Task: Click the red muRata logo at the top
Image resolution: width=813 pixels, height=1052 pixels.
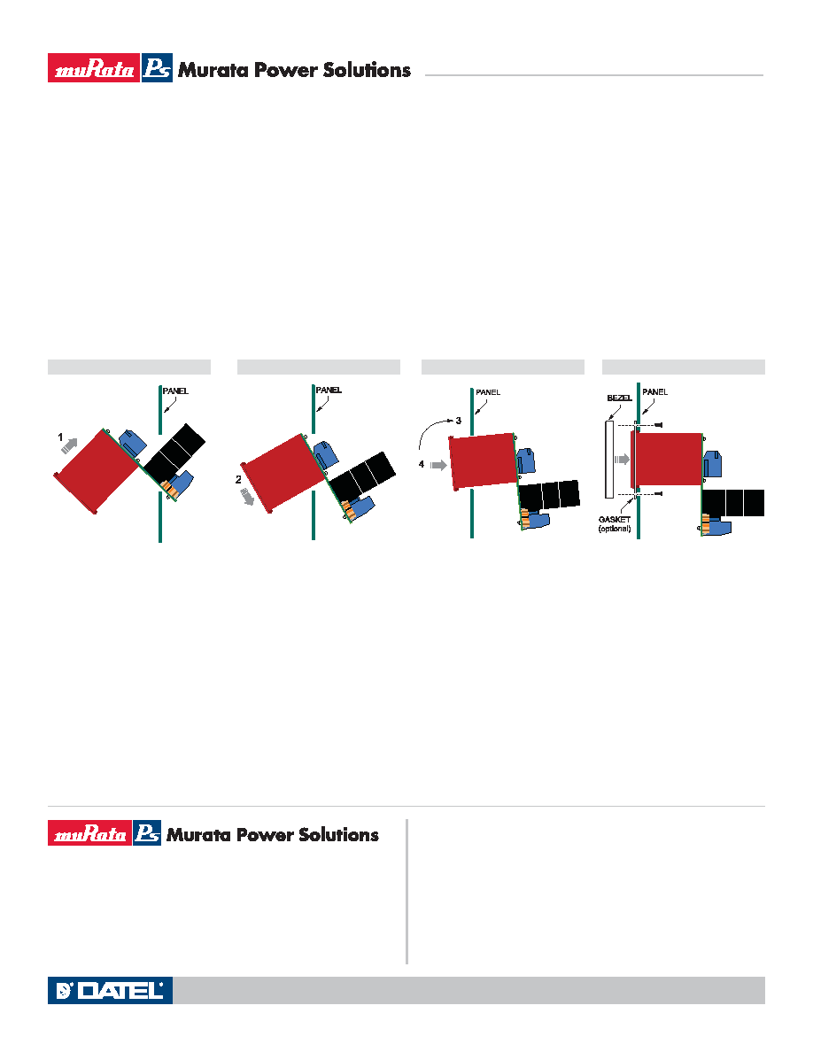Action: (94, 68)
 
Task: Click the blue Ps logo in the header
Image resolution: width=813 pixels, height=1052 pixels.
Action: (157, 68)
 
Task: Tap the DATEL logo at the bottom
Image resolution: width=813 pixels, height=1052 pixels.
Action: (110, 990)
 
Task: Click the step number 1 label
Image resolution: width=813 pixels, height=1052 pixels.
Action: (60, 437)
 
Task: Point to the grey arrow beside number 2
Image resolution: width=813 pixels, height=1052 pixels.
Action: (247, 497)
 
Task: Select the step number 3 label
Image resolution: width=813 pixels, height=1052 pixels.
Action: (458, 421)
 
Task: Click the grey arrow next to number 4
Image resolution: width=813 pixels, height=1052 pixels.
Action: (438, 465)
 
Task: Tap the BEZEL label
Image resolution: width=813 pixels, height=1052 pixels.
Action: (619, 398)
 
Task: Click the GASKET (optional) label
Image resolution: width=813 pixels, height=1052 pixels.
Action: (615, 524)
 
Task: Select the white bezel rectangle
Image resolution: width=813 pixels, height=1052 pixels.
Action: (609, 460)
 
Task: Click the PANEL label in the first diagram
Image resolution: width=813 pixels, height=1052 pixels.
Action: (175, 391)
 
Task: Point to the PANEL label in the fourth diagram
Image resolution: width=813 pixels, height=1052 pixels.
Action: (654, 391)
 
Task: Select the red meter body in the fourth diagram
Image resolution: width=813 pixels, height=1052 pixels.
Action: (667, 460)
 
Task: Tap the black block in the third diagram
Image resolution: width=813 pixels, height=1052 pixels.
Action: (549, 495)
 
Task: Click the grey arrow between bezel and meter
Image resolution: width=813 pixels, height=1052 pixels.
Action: (623, 460)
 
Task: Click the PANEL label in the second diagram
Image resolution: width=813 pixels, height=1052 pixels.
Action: (329, 390)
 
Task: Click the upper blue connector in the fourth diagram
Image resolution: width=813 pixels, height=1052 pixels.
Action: (712, 464)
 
